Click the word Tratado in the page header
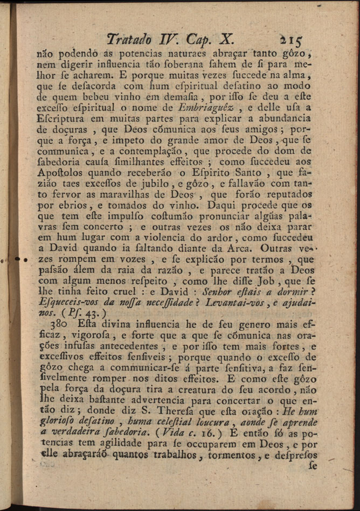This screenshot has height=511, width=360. point(129,39)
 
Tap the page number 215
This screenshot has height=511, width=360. point(291,39)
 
